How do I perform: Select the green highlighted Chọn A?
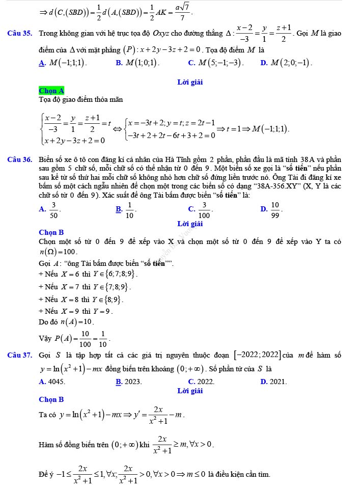(x=51, y=91)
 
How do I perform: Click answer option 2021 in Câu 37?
(x=277, y=381)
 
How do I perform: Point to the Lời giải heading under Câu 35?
(x=190, y=82)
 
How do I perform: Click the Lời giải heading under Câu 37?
(x=190, y=391)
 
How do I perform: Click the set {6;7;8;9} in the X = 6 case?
(x=118, y=274)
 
